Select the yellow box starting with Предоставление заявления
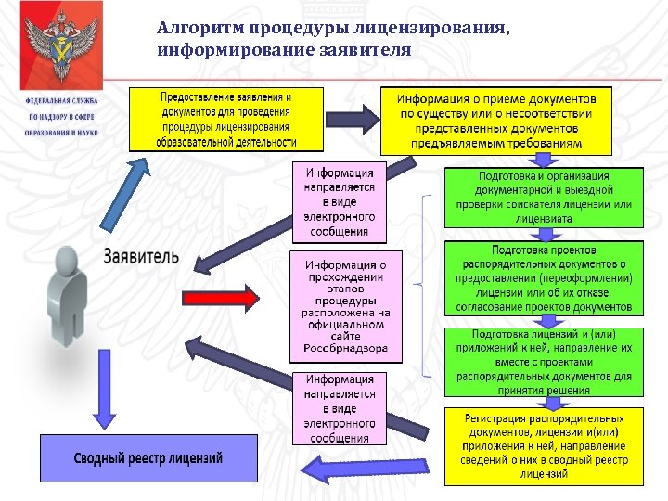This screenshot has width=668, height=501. [227, 120]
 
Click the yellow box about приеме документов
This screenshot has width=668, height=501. [496, 122]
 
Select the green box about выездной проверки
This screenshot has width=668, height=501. [543, 198]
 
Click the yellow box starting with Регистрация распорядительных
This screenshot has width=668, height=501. [543, 446]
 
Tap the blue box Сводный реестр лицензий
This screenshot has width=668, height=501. [148, 458]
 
